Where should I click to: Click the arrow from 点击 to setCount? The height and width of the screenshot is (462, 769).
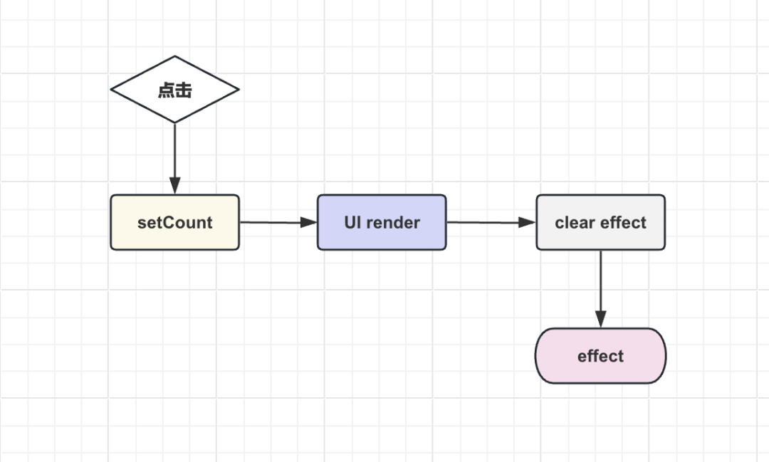point(174,159)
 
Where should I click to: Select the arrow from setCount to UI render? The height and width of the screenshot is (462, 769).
point(278,222)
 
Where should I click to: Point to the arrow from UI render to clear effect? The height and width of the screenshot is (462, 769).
point(491,222)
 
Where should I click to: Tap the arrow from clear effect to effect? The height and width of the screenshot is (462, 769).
point(600,289)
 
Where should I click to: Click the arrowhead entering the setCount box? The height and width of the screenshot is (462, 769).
point(174,186)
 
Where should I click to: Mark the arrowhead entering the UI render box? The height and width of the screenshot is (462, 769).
point(309,222)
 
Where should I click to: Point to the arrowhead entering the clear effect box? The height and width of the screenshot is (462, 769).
point(527,222)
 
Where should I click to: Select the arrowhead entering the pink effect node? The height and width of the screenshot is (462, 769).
point(600,320)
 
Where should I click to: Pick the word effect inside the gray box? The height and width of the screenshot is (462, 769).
point(623,223)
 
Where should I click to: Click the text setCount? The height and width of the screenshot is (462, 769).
point(174,223)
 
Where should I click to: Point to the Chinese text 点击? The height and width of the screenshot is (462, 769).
point(174,90)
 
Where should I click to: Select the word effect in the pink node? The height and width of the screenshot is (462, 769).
point(600,356)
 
